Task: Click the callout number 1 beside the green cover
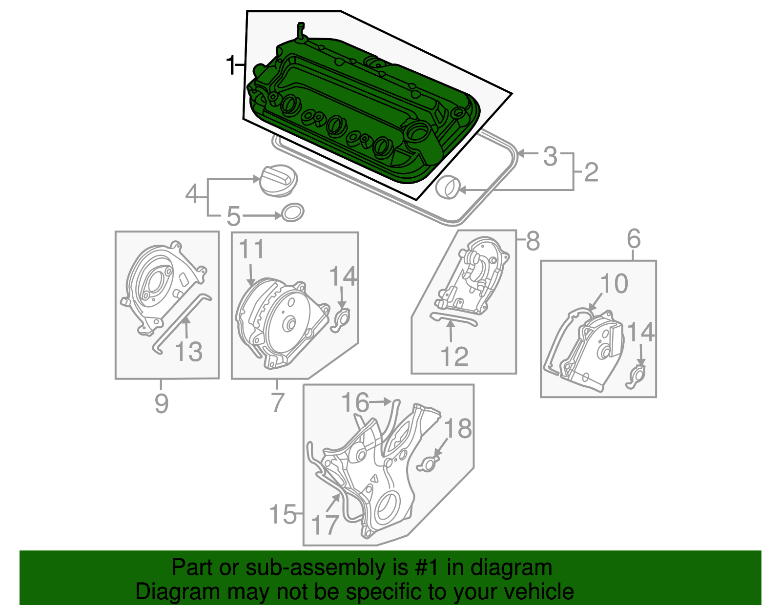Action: pyautogui.click(x=230, y=65)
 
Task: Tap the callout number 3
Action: pyautogui.click(x=550, y=156)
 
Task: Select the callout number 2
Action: pyautogui.click(x=591, y=172)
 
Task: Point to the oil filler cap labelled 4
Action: pyautogui.click(x=277, y=181)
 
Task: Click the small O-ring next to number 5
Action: pyautogui.click(x=292, y=212)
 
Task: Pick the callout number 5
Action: pyautogui.click(x=234, y=216)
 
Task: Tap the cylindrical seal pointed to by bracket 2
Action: pyautogui.click(x=448, y=186)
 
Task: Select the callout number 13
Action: pyautogui.click(x=188, y=352)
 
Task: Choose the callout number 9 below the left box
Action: pyautogui.click(x=161, y=403)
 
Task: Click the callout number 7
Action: pyautogui.click(x=277, y=402)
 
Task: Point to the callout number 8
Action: pyautogui.click(x=533, y=241)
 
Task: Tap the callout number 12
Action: pyautogui.click(x=454, y=357)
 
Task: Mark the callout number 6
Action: pyautogui.click(x=633, y=239)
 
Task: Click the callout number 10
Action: pyautogui.click(x=614, y=284)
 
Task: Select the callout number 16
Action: pyautogui.click(x=355, y=402)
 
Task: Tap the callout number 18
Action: pyautogui.click(x=458, y=428)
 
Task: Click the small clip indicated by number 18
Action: pyautogui.click(x=427, y=464)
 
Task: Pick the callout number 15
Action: pyautogui.click(x=283, y=514)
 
